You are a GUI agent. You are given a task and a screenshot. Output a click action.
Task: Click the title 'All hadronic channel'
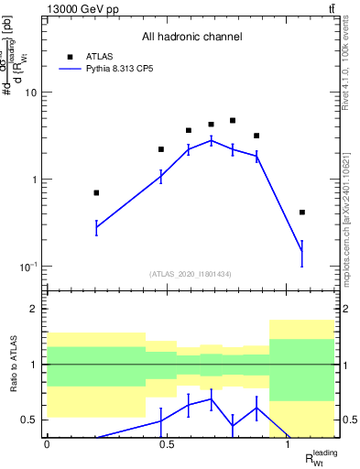tap(191, 38)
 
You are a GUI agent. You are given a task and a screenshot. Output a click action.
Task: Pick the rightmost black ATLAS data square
tap(302, 212)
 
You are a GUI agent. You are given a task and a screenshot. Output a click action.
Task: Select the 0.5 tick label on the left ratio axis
tap(29, 420)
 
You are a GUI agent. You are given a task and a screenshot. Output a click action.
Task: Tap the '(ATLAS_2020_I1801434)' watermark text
tap(191, 274)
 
